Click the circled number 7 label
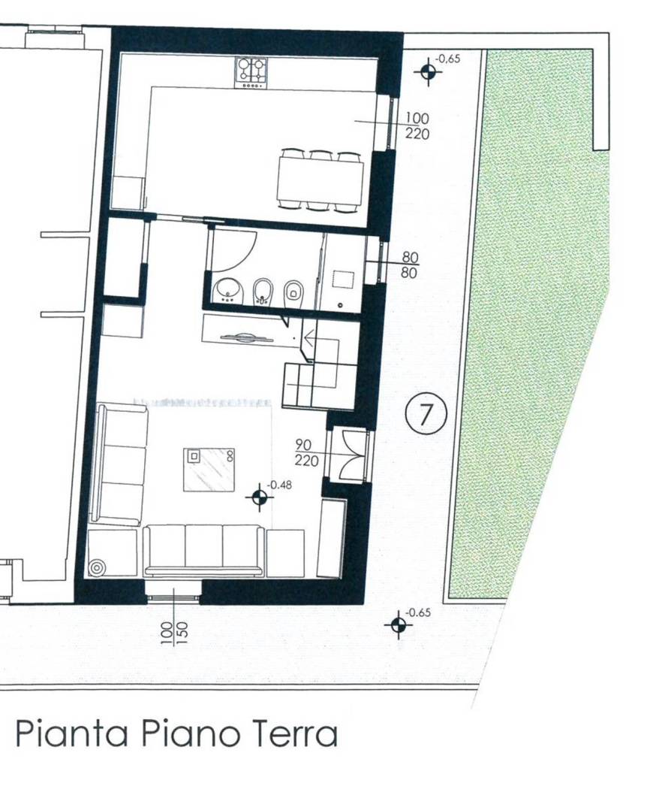pyautogui.click(x=426, y=413)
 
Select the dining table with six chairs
pyautogui.click(x=320, y=180)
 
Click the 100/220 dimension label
pyautogui.click(x=417, y=125)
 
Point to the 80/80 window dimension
pyautogui.click(x=410, y=265)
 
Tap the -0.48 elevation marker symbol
pyautogui.click(x=260, y=497)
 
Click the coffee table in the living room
pyautogui.click(x=209, y=469)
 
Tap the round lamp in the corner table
pyautogui.click(x=97, y=567)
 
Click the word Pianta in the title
pyautogui.click(x=71, y=734)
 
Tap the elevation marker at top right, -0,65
pyautogui.click(x=428, y=71)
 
